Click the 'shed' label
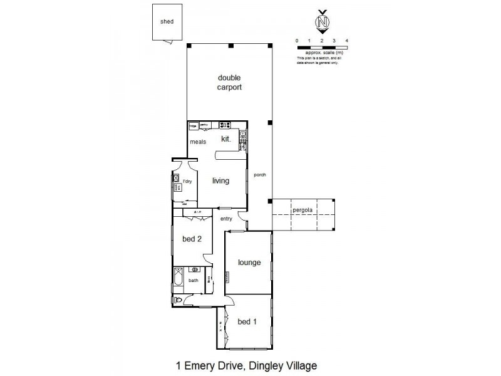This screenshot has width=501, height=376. [x=167, y=21]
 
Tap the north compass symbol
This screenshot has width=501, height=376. [x=323, y=23]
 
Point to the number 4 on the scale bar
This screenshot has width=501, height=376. [x=346, y=41]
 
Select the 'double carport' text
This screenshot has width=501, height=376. [x=229, y=82]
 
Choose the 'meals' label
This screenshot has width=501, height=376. [x=199, y=142]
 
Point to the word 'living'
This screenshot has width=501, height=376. [x=220, y=181]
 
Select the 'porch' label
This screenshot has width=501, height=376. [x=260, y=175]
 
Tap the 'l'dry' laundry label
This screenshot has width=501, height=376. [x=187, y=181]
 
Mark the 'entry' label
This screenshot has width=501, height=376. [x=226, y=218]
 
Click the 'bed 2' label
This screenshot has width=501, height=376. [x=192, y=239]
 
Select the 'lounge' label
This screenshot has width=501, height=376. [x=249, y=263]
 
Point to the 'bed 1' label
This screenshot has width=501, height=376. [x=247, y=321]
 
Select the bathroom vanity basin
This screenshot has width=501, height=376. [x=195, y=270]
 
